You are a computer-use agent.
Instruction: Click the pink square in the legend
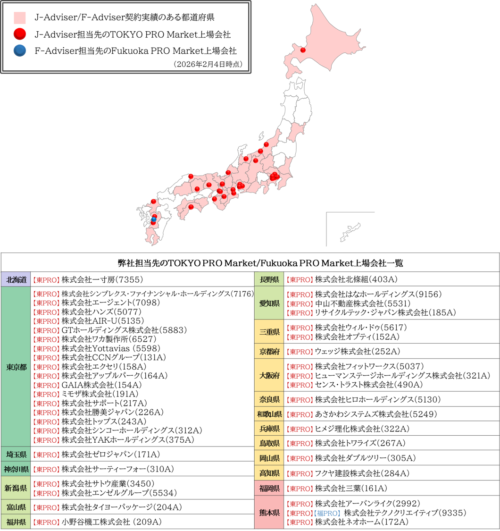pos(19,18)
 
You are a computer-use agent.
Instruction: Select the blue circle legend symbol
pos(19,51)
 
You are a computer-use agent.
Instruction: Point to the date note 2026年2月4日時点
pos(208,64)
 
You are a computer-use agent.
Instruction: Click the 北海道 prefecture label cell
pos(17,279)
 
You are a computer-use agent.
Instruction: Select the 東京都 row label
pos(17,367)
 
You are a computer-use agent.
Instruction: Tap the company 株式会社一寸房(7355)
pos(102,279)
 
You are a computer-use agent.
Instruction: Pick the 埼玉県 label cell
pos(17,455)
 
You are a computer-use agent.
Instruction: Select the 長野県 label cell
pos(269,279)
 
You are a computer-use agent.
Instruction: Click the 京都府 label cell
pos(269,351)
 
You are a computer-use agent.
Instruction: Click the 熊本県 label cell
pos(269,513)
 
